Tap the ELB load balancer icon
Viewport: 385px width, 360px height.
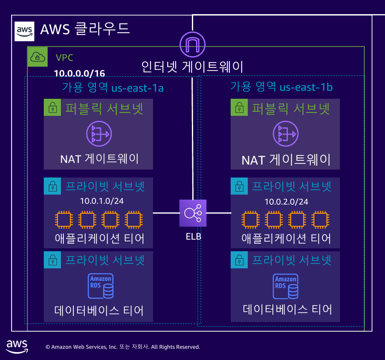(x=193, y=213)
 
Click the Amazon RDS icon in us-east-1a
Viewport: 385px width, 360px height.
(x=100, y=286)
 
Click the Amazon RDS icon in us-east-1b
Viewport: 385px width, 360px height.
(x=286, y=287)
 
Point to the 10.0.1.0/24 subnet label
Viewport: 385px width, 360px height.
(x=101, y=201)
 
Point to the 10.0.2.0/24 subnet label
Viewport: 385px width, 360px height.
(x=286, y=202)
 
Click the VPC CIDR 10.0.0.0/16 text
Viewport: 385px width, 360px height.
(x=79, y=74)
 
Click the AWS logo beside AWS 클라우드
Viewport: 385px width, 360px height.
(x=24, y=31)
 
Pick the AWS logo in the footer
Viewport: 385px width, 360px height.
(x=17, y=346)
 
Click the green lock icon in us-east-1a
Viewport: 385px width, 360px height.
(x=53, y=108)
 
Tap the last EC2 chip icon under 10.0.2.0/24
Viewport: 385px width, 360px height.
(x=319, y=219)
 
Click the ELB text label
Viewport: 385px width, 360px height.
(x=193, y=237)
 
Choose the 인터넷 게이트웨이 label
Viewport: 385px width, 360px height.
(x=192, y=67)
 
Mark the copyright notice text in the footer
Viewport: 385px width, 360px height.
(x=123, y=347)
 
